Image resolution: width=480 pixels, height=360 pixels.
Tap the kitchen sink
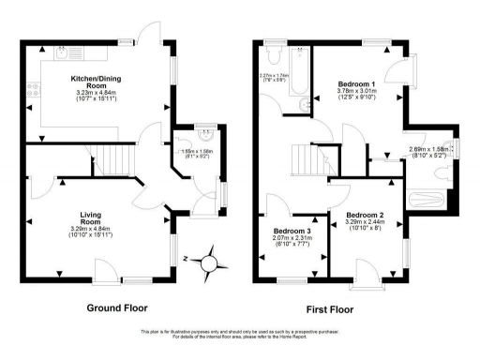(x=61, y=54)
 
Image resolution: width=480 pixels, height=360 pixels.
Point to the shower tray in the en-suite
(x=429, y=200)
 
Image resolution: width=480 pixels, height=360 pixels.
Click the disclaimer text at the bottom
(x=240, y=335)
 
